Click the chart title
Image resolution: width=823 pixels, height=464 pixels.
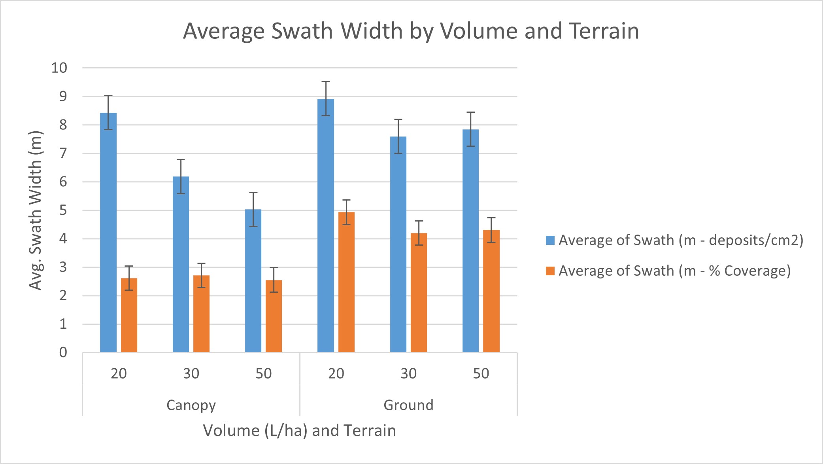click(411, 31)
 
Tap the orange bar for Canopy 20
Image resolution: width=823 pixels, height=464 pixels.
click(129, 315)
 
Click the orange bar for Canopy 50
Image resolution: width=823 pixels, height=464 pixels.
click(274, 316)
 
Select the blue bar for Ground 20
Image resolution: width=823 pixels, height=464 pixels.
click(326, 225)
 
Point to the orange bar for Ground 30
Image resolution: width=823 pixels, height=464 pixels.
click(419, 293)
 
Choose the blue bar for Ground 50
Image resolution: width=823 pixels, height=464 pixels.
click(470, 241)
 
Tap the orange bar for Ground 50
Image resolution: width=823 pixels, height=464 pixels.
click(491, 291)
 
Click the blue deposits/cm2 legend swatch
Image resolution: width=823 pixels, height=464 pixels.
click(550, 240)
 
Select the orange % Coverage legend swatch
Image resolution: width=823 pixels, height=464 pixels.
click(550, 271)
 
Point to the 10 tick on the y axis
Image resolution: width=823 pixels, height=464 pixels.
click(59, 68)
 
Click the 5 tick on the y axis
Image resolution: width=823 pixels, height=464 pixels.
click(63, 210)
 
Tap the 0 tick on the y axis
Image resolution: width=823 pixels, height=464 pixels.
click(63, 352)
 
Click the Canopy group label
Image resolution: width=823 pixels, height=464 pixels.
click(191, 405)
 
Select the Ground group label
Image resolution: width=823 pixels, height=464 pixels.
click(408, 405)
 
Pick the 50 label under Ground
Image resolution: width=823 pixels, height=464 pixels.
click(481, 373)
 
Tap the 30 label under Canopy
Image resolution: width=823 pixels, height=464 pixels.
click(191, 373)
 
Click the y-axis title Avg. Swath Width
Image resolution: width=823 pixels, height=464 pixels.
click(36, 210)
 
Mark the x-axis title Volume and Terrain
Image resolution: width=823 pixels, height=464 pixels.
click(299, 430)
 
